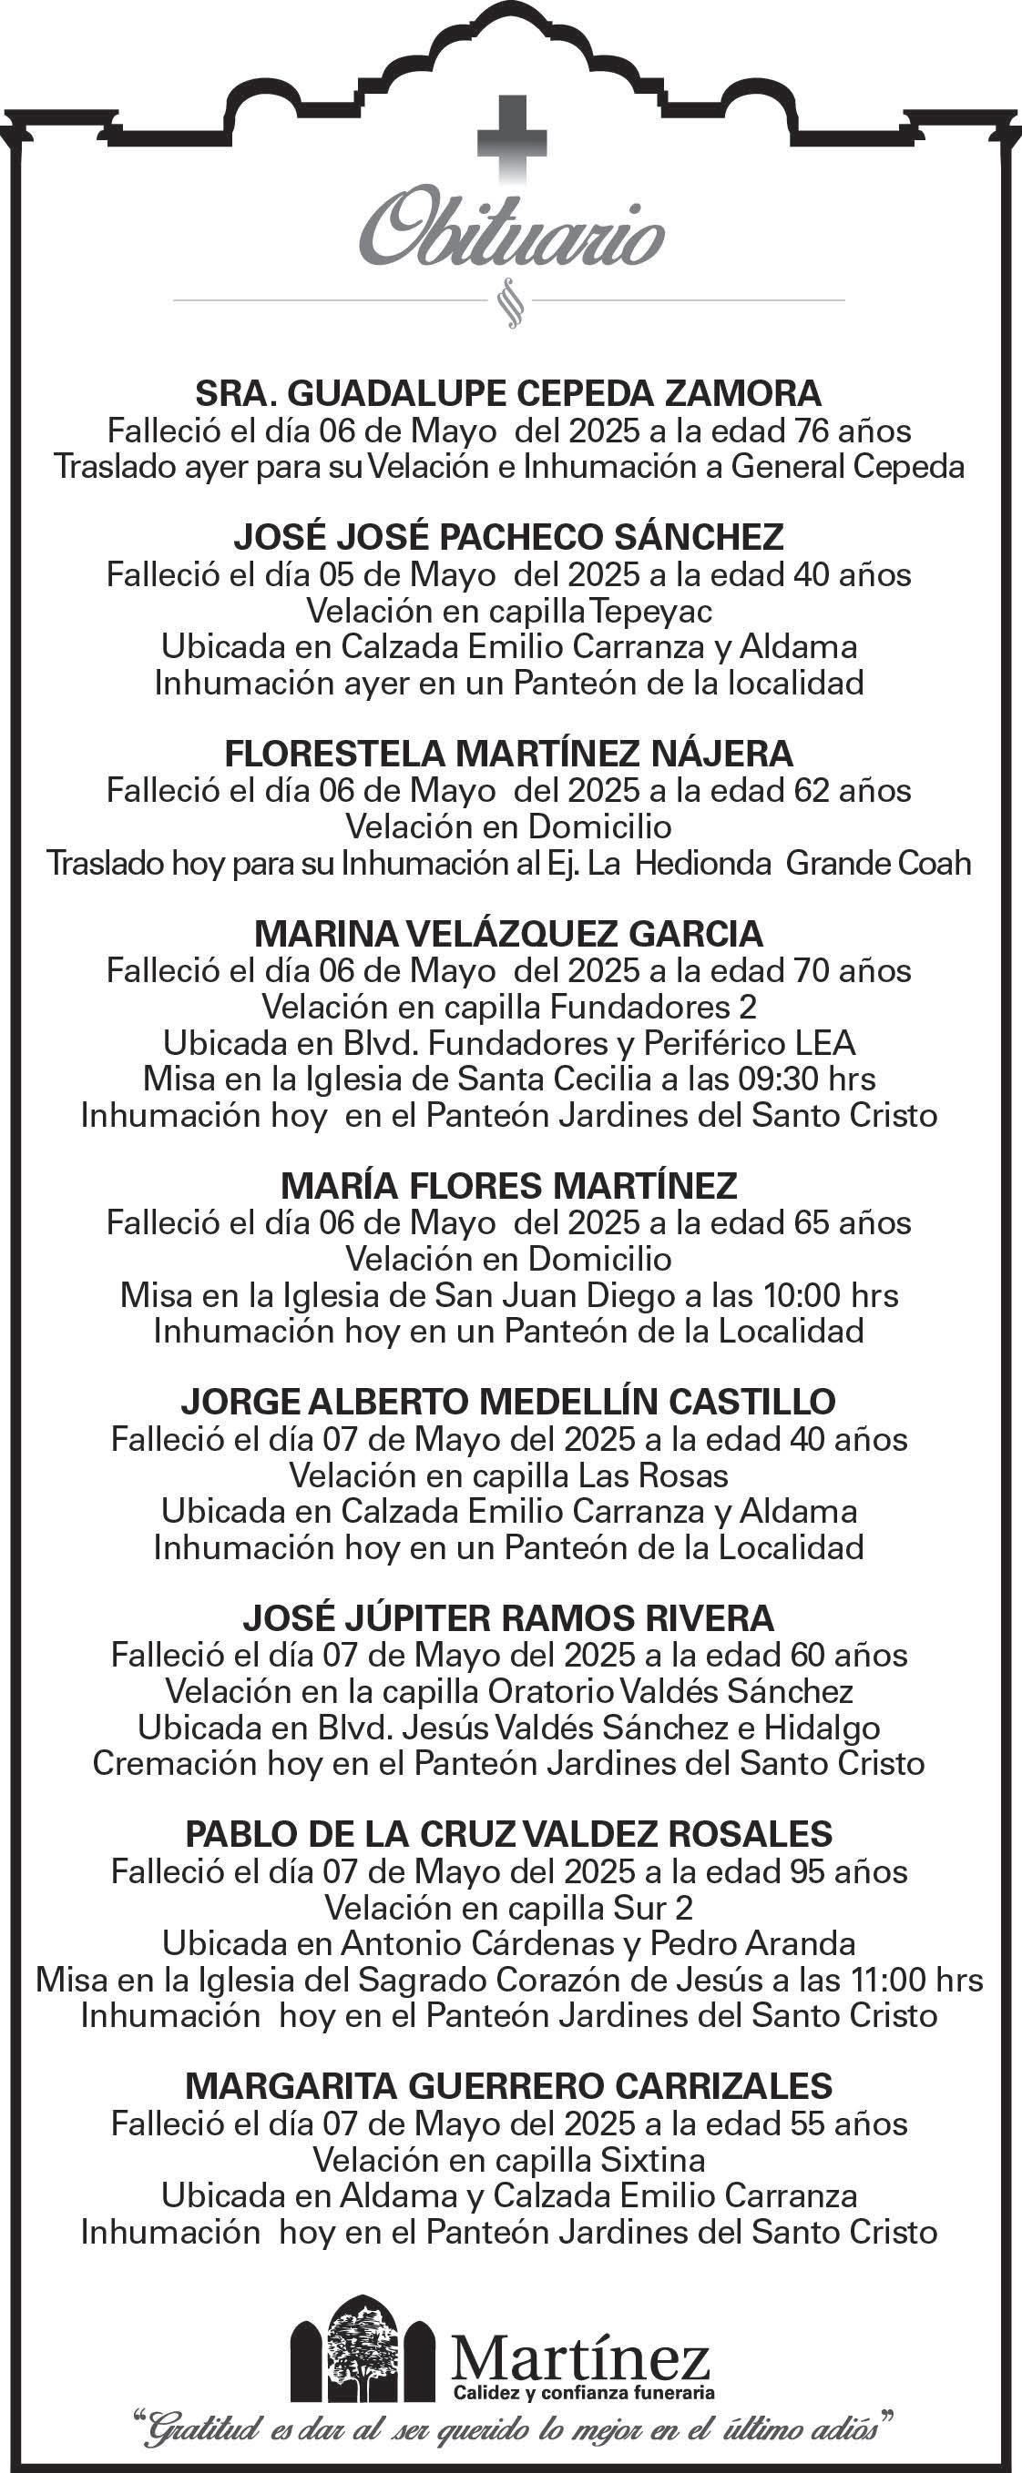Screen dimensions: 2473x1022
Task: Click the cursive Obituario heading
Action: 511,231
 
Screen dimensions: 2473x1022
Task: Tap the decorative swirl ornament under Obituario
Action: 511,301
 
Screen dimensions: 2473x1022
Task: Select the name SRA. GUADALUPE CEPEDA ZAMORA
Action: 509,393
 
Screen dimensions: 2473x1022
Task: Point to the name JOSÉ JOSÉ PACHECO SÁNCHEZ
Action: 509,538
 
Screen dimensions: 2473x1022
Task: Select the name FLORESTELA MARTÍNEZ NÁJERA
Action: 509,754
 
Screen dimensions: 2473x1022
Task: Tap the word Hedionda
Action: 703,863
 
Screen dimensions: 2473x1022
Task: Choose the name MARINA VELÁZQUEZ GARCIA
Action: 509,933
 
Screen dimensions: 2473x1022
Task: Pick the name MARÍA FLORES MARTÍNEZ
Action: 509,1187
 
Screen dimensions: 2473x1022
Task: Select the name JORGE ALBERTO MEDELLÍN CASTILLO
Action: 509,1403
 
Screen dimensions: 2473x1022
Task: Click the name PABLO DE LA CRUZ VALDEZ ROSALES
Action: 509,1835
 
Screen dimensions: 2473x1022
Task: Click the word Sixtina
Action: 653,2160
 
